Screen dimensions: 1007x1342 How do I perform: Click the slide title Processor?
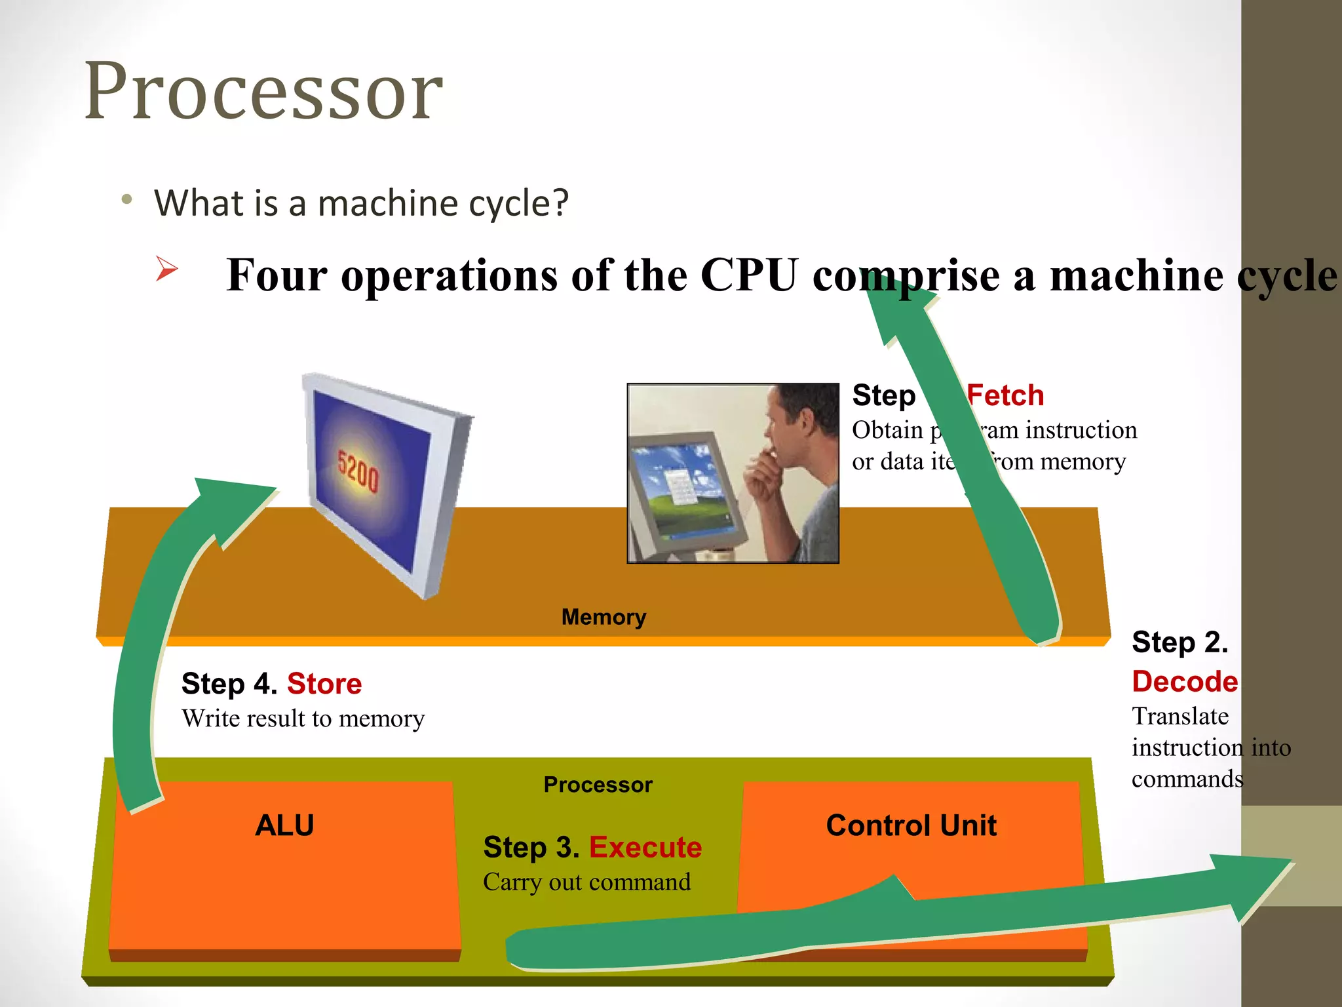(263, 92)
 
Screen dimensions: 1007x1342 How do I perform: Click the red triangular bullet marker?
(166, 269)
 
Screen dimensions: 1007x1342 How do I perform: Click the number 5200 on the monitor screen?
(358, 471)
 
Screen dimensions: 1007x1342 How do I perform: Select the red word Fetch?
(1005, 396)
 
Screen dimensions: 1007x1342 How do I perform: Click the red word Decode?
(1185, 682)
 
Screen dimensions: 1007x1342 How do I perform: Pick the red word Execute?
(645, 847)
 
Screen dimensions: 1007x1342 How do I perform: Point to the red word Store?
(324, 684)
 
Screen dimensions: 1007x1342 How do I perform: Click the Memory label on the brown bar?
(604, 617)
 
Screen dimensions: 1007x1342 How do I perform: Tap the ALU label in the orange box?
(284, 825)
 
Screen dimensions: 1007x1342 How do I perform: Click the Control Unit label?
(911, 825)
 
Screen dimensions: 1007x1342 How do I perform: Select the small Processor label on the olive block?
(598, 785)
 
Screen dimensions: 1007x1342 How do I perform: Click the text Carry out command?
(586, 882)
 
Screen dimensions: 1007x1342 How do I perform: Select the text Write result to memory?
(303, 719)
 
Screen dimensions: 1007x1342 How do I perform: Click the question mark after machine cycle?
(561, 203)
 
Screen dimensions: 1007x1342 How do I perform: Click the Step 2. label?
(1179, 642)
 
